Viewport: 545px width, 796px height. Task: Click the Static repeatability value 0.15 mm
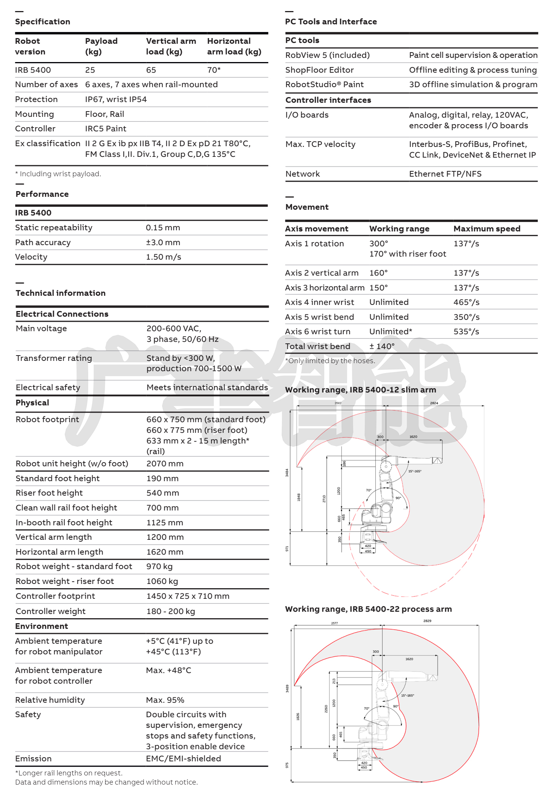tap(163, 228)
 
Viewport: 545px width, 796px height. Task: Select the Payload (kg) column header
tap(101, 46)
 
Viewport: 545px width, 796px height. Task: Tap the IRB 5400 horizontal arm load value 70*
tap(214, 70)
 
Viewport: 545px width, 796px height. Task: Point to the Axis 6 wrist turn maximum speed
tap(466, 332)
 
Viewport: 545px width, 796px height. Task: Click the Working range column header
tap(399, 229)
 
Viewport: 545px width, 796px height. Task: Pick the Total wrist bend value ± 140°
tap(382, 346)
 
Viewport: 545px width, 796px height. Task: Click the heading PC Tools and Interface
tap(331, 22)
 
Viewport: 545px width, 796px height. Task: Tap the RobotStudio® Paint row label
tap(324, 85)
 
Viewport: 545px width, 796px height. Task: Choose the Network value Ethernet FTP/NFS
tap(445, 174)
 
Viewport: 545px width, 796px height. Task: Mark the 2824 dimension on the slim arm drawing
tap(434, 403)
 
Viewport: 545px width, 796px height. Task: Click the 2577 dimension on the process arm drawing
tap(334, 623)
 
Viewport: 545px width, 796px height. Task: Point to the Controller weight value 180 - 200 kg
tap(171, 611)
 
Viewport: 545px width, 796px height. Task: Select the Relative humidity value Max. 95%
tap(165, 700)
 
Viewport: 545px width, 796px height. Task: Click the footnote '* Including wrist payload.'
tap(58, 174)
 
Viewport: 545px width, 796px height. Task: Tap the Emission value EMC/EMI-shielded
tap(183, 758)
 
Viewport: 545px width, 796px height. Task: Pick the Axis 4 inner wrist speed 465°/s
tap(466, 302)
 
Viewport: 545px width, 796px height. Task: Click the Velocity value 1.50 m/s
tap(163, 257)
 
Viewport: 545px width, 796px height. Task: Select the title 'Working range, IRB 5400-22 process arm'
tap(368, 609)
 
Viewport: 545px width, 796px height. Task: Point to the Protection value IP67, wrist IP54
tap(116, 99)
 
